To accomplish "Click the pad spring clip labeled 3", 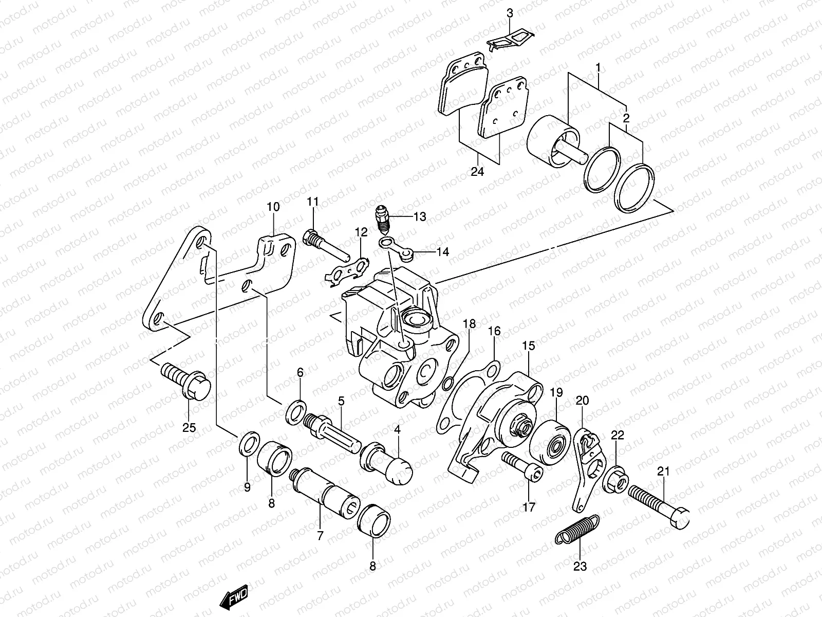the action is (x=511, y=41).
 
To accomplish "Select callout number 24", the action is (x=477, y=172).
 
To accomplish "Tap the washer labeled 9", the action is (x=247, y=444).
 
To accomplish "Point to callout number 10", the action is (x=273, y=207).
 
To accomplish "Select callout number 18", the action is (x=469, y=324).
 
